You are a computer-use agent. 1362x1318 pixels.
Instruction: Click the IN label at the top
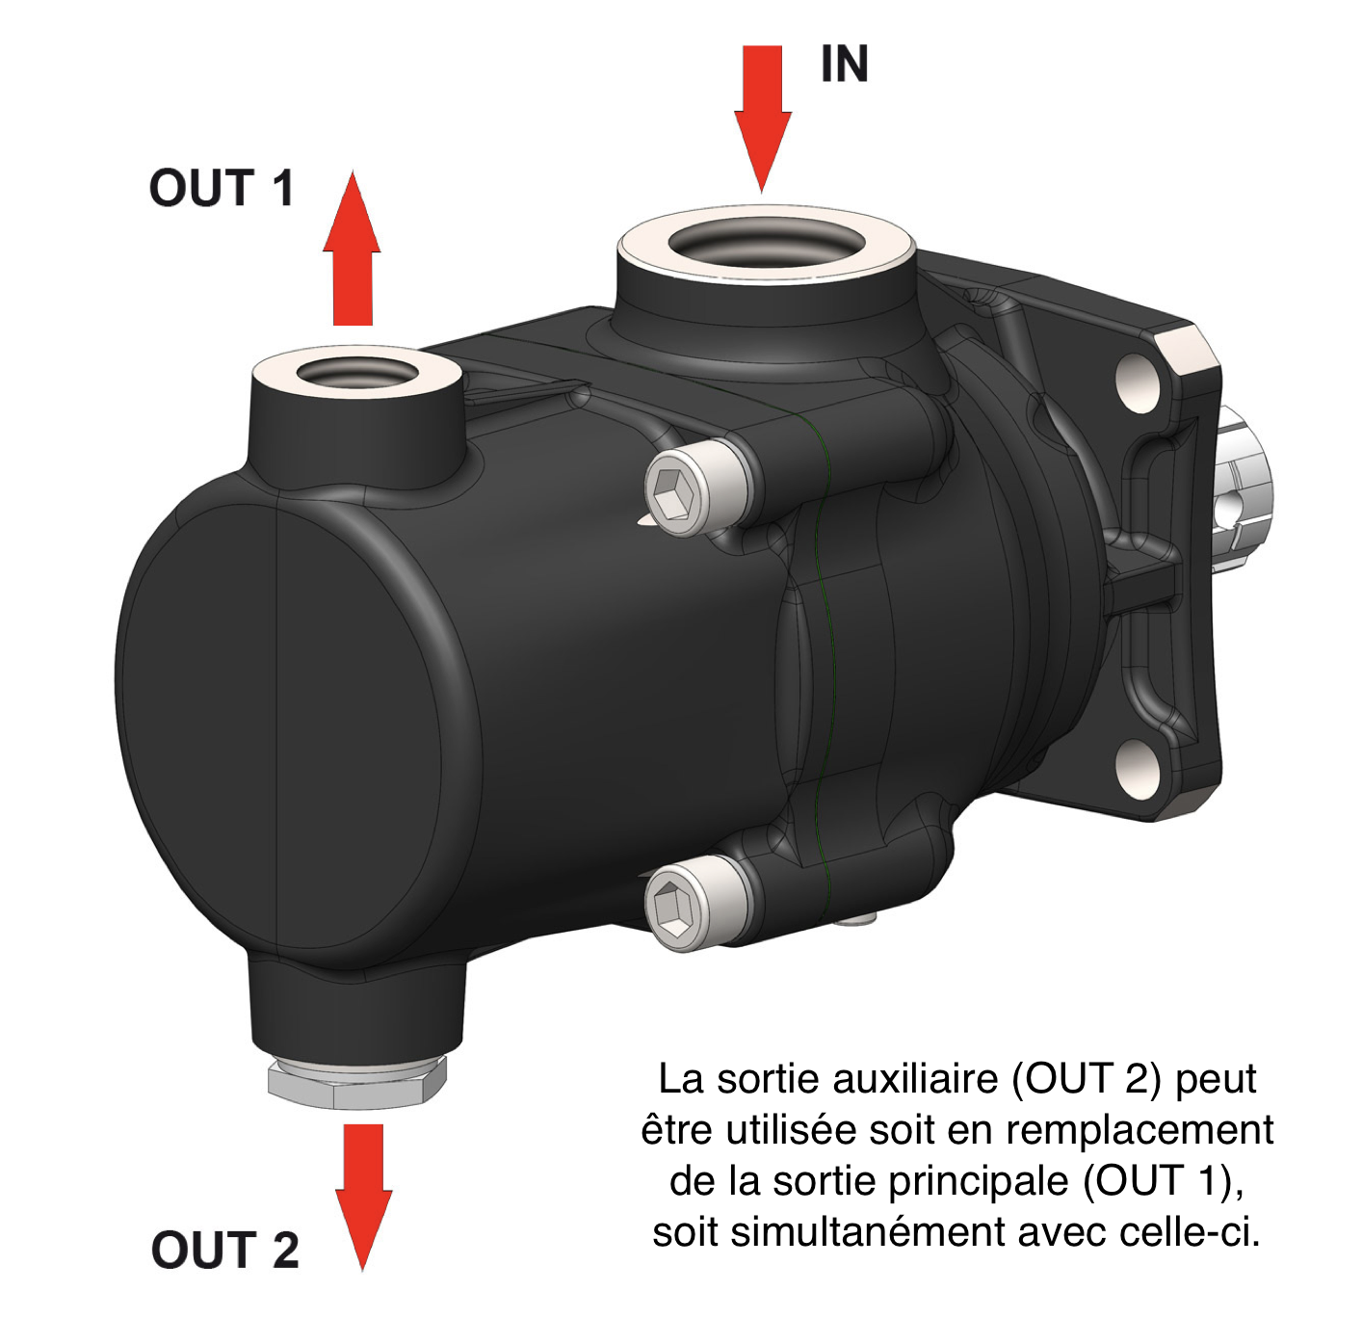(x=844, y=64)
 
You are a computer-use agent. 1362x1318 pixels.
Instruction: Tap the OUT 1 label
(x=222, y=188)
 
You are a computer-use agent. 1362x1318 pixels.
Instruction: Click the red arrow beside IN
(x=762, y=119)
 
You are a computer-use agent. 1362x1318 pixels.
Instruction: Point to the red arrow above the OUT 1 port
(x=352, y=249)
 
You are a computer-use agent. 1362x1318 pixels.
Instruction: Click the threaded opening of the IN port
(x=767, y=245)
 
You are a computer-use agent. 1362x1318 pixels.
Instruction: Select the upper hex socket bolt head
(x=673, y=490)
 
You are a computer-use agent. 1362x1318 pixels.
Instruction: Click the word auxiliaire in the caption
(x=915, y=1089)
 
